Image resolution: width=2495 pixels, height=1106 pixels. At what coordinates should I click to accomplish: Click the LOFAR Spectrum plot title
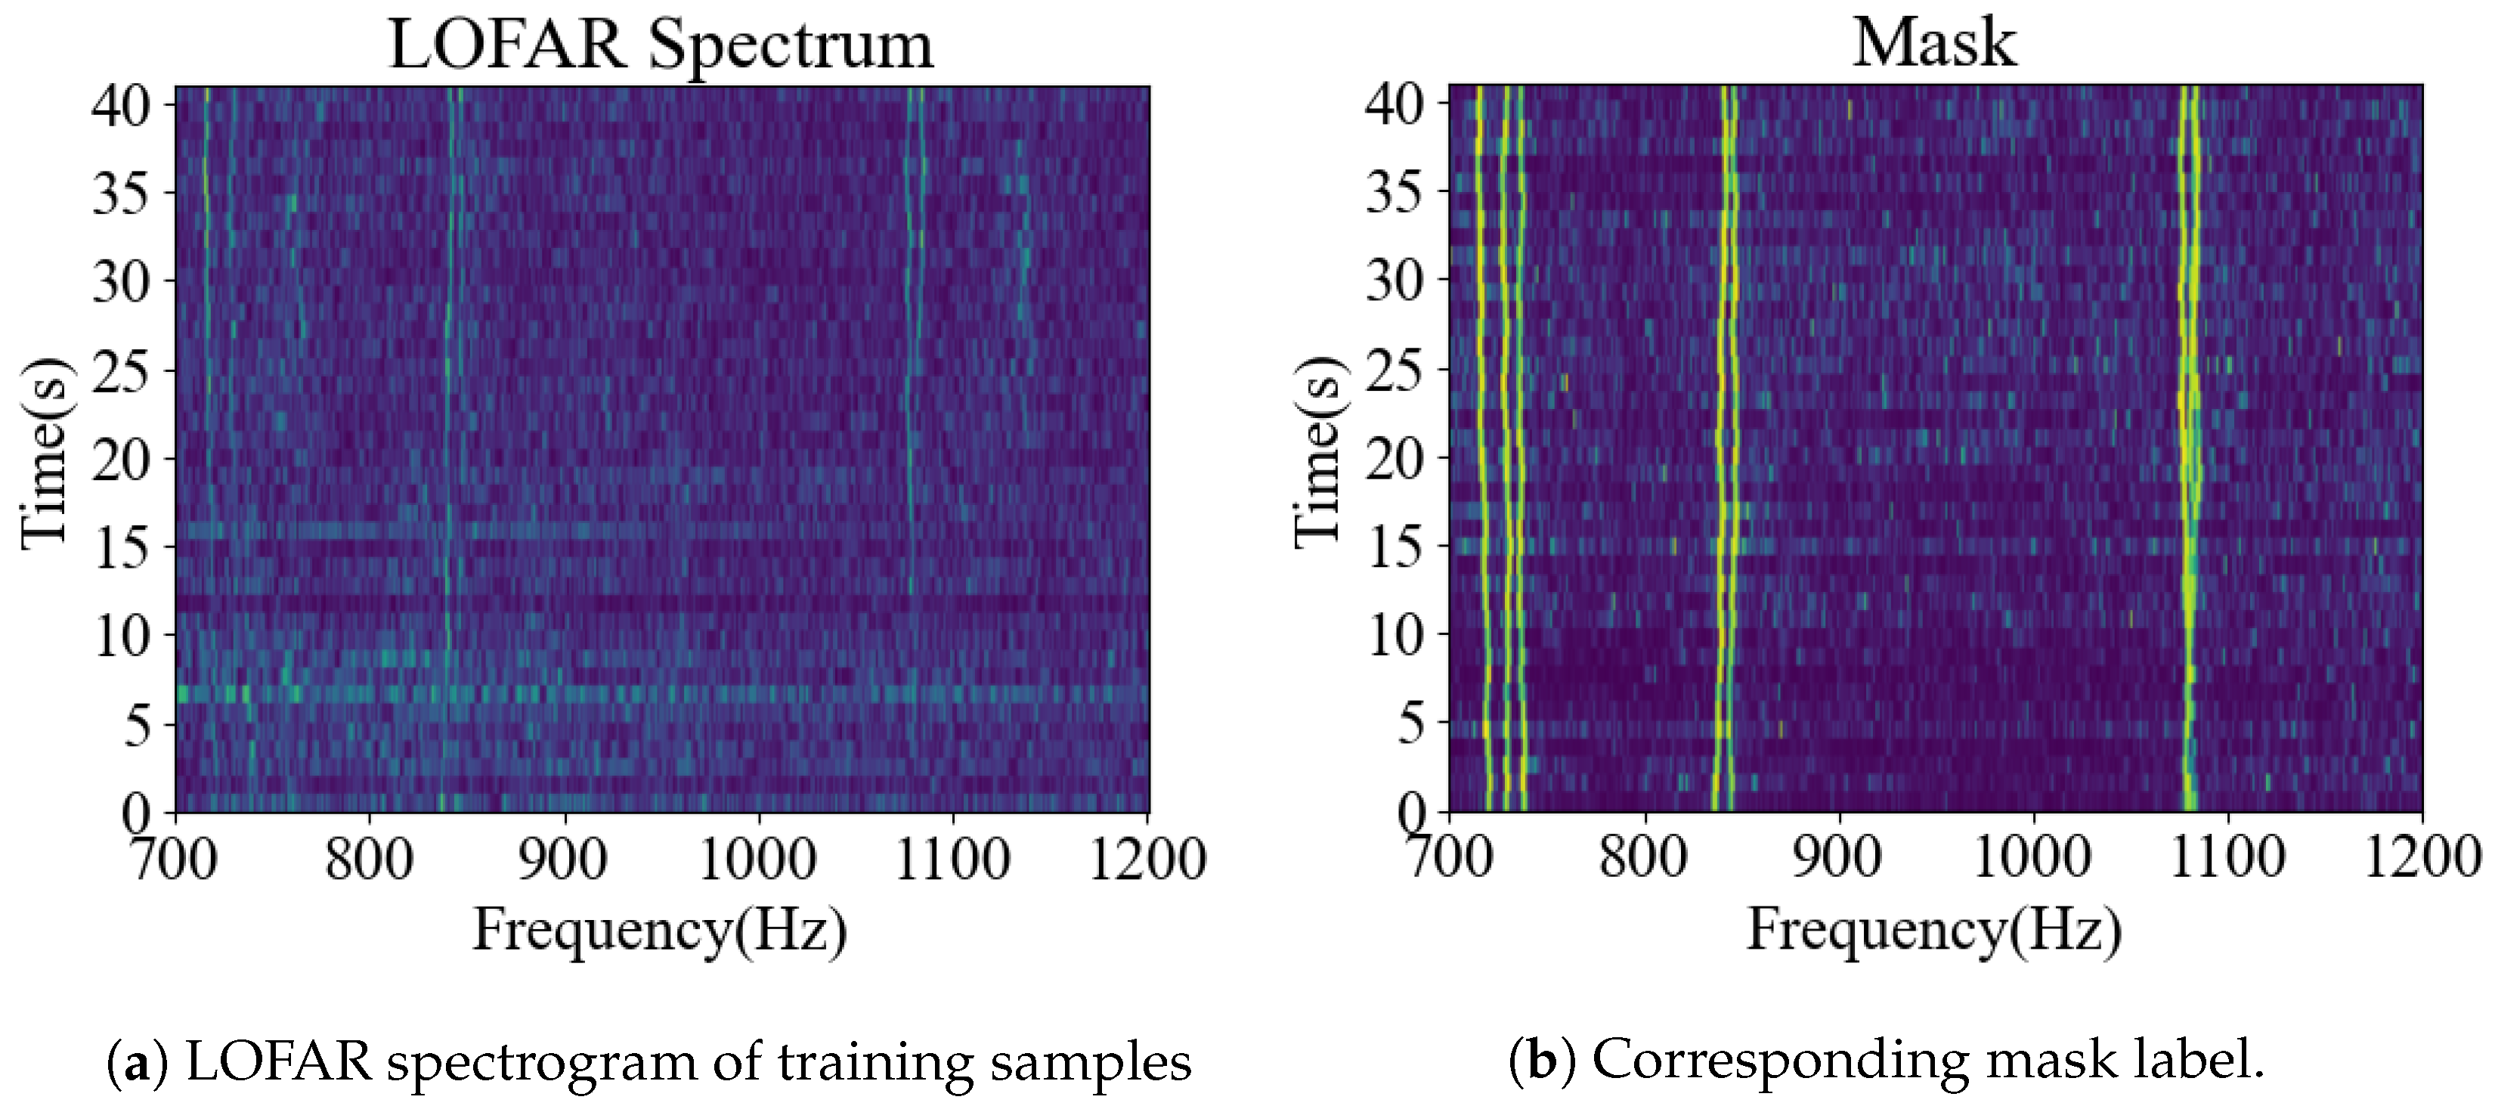[661, 45]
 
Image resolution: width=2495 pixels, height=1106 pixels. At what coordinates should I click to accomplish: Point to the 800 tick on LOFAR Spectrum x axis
[369, 858]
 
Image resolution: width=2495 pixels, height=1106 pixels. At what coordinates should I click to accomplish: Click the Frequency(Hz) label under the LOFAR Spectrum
[661, 930]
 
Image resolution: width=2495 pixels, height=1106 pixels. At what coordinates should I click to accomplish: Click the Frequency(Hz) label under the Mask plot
[1934, 930]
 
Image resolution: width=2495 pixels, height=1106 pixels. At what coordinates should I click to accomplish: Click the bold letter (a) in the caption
[138, 1062]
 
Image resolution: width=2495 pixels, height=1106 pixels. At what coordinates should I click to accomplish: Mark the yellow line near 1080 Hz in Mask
[2189, 387]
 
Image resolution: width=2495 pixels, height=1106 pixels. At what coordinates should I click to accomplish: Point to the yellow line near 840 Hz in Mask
[1725, 387]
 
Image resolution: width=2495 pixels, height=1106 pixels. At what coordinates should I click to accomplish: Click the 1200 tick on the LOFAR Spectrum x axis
[1148, 858]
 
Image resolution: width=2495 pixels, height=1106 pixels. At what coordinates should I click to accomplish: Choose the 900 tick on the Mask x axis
[1837, 858]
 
